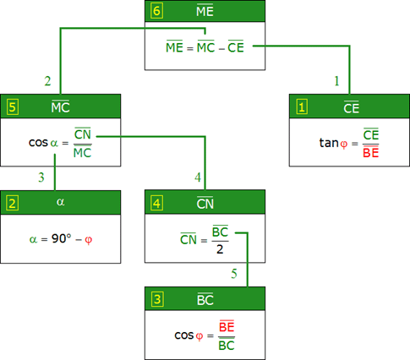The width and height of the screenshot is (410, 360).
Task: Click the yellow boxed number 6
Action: [x=156, y=11]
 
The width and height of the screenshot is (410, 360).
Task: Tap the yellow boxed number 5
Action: [x=13, y=107]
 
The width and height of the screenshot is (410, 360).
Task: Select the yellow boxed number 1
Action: [x=302, y=107]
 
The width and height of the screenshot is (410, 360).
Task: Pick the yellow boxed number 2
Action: [x=13, y=204]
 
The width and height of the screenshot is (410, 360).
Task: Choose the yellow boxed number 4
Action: [x=156, y=203]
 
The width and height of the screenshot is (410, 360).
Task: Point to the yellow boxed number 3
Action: [x=157, y=299]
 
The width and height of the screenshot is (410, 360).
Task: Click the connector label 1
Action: [x=336, y=81]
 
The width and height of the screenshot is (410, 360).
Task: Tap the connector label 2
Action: [x=47, y=81]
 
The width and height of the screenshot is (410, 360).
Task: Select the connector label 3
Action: [x=41, y=177]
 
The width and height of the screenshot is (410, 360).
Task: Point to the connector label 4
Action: [x=198, y=177]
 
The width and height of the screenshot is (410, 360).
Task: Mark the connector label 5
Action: [x=234, y=274]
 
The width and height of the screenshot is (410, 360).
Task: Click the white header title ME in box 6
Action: [x=205, y=11]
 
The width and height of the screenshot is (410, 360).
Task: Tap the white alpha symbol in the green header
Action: [x=60, y=202]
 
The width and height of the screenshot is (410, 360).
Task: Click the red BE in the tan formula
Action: [x=370, y=152]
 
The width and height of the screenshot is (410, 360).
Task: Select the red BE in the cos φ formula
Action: [x=227, y=326]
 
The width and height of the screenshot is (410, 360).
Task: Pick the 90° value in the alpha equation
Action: [x=62, y=238]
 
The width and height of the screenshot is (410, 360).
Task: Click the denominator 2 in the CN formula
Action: [x=220, y=249]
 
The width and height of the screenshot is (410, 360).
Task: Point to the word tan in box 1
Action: [x=329, y=143]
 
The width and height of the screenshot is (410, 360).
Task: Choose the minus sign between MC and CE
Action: [x=221, y=49]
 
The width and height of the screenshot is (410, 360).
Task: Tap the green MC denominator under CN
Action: [x=82, y=152]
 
